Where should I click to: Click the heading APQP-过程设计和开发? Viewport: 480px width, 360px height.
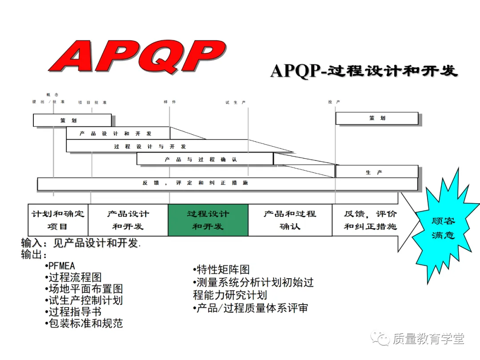(x=364, y=71)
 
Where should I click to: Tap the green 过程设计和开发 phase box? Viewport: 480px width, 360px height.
(x=208, y=220)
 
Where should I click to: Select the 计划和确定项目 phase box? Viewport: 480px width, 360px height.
(x=58, y=220)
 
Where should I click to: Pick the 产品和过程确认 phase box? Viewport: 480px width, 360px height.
(x=290, y=220)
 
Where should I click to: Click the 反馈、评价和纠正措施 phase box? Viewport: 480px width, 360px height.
(x=370, y=220)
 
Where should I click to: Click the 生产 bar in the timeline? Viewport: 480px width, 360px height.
(x=376, y=172)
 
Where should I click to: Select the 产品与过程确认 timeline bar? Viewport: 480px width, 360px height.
(x=205, y=159)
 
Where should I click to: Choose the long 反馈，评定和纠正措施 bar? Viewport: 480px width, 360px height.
(x=227, y=184)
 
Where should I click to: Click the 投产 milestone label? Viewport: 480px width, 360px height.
(x=334, y=102)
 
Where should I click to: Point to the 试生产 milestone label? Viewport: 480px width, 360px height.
(x=236, y=103)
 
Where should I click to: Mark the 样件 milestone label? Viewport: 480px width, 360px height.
(x=170, y=102)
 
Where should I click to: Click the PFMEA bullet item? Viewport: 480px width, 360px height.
(x=61, y=266)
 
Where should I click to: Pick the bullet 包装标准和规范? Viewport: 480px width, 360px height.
(x=84, y=323)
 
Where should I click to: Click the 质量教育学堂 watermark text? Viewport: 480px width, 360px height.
(x=428, y=339)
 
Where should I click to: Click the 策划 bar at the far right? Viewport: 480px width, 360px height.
(x=377, y=118)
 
